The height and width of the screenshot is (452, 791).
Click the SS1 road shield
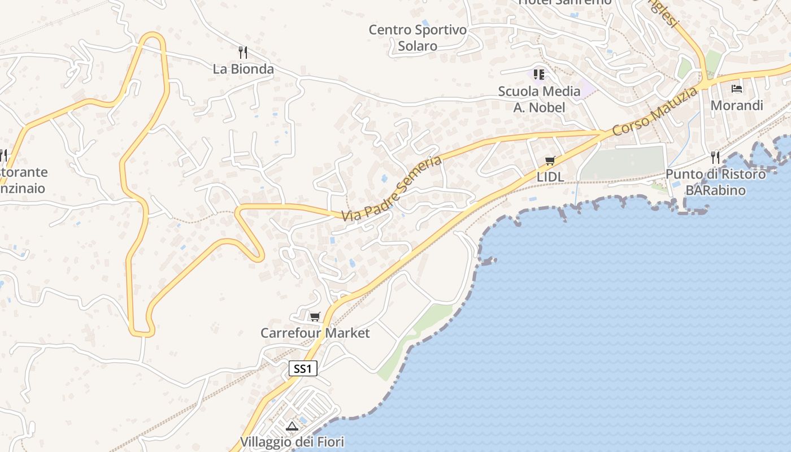(x=303, y=369)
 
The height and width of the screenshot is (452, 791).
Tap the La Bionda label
(x=243, y=69)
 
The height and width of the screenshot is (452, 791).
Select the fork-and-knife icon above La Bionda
(x=243, y=53)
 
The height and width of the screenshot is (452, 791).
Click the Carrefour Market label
(x=315, y=333)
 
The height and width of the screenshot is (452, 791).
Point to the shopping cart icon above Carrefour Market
(x=315, y=316)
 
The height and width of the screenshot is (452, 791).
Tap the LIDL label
(x=550, y=177)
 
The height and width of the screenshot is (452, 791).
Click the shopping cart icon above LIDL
(x=550, y=161)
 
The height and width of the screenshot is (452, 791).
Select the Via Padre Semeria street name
(x=391, y=189)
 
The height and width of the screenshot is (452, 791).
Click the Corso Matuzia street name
(x=654, y=111)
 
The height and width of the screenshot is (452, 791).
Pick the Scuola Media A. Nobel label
(x=539, y=99)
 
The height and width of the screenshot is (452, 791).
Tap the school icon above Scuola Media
(x=539, y=74)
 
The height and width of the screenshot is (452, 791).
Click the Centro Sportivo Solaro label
(x=418, y=37)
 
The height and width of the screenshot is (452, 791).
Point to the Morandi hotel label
(x=736, y=105)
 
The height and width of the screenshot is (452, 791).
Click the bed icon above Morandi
(x=736, y=89)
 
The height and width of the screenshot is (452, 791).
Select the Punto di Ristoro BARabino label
(x=715, y=182)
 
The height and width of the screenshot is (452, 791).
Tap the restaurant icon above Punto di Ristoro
(x=715, y=157)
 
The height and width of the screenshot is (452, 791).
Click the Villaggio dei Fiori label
(x=292, y=442)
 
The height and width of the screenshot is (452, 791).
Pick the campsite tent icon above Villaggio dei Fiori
(x=292, y=426)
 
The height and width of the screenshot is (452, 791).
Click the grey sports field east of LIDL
(x=623, y=163)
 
